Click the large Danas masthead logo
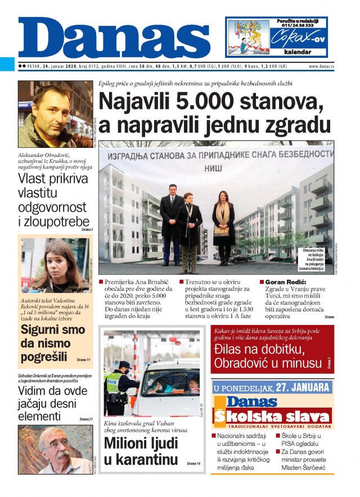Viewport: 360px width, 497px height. [x=112, y=38]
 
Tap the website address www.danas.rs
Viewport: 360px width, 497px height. [x=321, y=66]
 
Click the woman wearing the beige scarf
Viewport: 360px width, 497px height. [x=223, y=225]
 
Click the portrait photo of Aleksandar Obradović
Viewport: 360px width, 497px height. [x=55, y=114]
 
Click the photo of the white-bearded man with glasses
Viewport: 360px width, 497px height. [x=55, y=450]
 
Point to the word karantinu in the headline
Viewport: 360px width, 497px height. [x=141, y=459]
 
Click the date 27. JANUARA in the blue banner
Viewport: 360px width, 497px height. [x=303, y=387]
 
